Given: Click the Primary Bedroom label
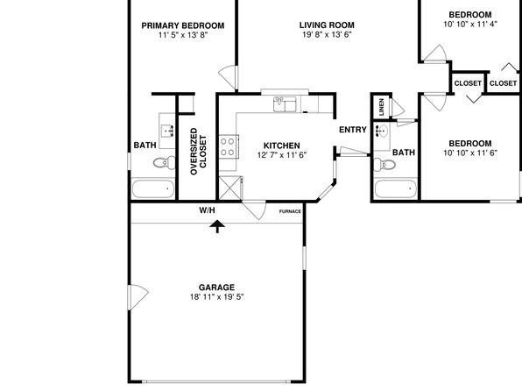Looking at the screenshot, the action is (x=183, y=25).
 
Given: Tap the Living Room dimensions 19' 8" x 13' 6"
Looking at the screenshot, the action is (x=327, y=35).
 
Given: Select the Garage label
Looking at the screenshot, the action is (x=216, y=288).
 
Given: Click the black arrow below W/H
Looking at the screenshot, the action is (x=217, y=227).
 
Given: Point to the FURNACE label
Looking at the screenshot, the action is (x=290, y=211).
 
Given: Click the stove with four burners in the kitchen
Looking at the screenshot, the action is (x=229, y=146).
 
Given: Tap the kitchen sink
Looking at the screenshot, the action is (x=285, y=104).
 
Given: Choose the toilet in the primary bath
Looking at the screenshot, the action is (x=165, y=163).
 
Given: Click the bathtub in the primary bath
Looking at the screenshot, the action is (x=153, y=188).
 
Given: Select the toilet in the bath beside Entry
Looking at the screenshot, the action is (x=384, y=164).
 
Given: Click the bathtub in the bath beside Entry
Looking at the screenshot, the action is (x=396, y=189).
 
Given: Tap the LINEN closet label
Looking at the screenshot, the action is (x=382, y=107).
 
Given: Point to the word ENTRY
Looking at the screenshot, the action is (x=353, y=130).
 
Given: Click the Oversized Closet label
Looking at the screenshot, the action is (x=199, y=152).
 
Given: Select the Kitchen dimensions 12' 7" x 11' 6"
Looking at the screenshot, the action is (x=282, y=155).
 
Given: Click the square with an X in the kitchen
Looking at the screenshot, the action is (x=230, y=188).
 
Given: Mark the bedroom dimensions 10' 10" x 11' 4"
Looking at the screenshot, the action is (x=470, y=25).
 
